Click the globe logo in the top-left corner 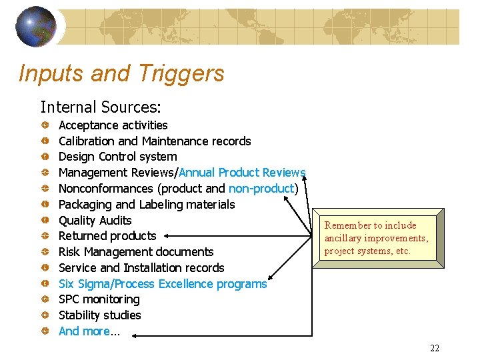tap(35, 27)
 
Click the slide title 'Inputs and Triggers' tap(121, 73)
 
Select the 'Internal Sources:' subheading tap(101, 107)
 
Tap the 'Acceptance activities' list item tap(113, 125)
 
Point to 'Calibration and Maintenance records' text tap(155, 141)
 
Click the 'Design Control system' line tap(117, 157)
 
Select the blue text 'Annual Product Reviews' tap(242, 173)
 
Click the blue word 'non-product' tap(261, 189)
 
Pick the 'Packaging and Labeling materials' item tap(147, 205)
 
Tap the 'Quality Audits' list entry tap(95, 221)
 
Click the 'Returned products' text tap(107, 236)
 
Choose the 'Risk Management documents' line tap(136, 252)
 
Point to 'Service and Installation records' tap(141, 268)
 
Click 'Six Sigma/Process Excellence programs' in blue tap(163, 284)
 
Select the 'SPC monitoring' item tap(99, 300)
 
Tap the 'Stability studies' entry tap(99, 315)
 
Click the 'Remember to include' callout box tap(377, 238)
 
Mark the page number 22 tap(435, 348)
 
